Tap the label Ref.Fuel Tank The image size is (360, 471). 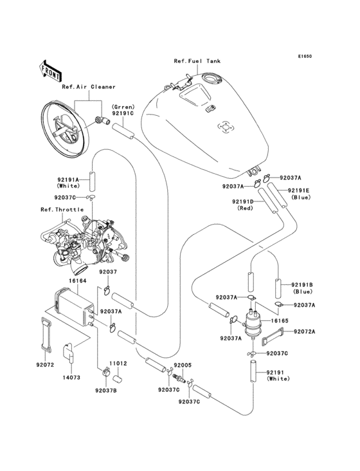point(197,61)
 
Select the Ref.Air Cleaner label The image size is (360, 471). point(89,86)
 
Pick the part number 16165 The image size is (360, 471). point(278,319)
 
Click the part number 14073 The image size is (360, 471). point(71,376)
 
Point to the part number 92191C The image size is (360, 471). point(123,113)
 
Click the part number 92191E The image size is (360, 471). point(298,190)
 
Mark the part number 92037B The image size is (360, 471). point(105,389)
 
